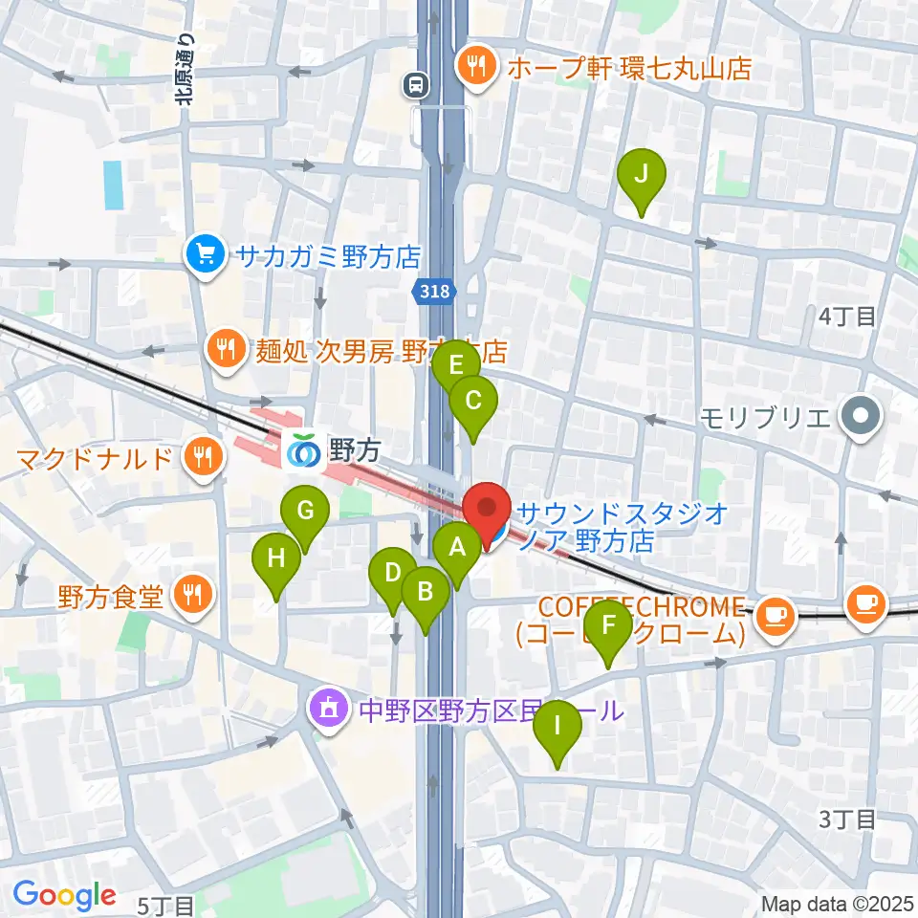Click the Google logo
[64, 895]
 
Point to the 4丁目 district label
[846, 317]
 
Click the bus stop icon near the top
[416, 86]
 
